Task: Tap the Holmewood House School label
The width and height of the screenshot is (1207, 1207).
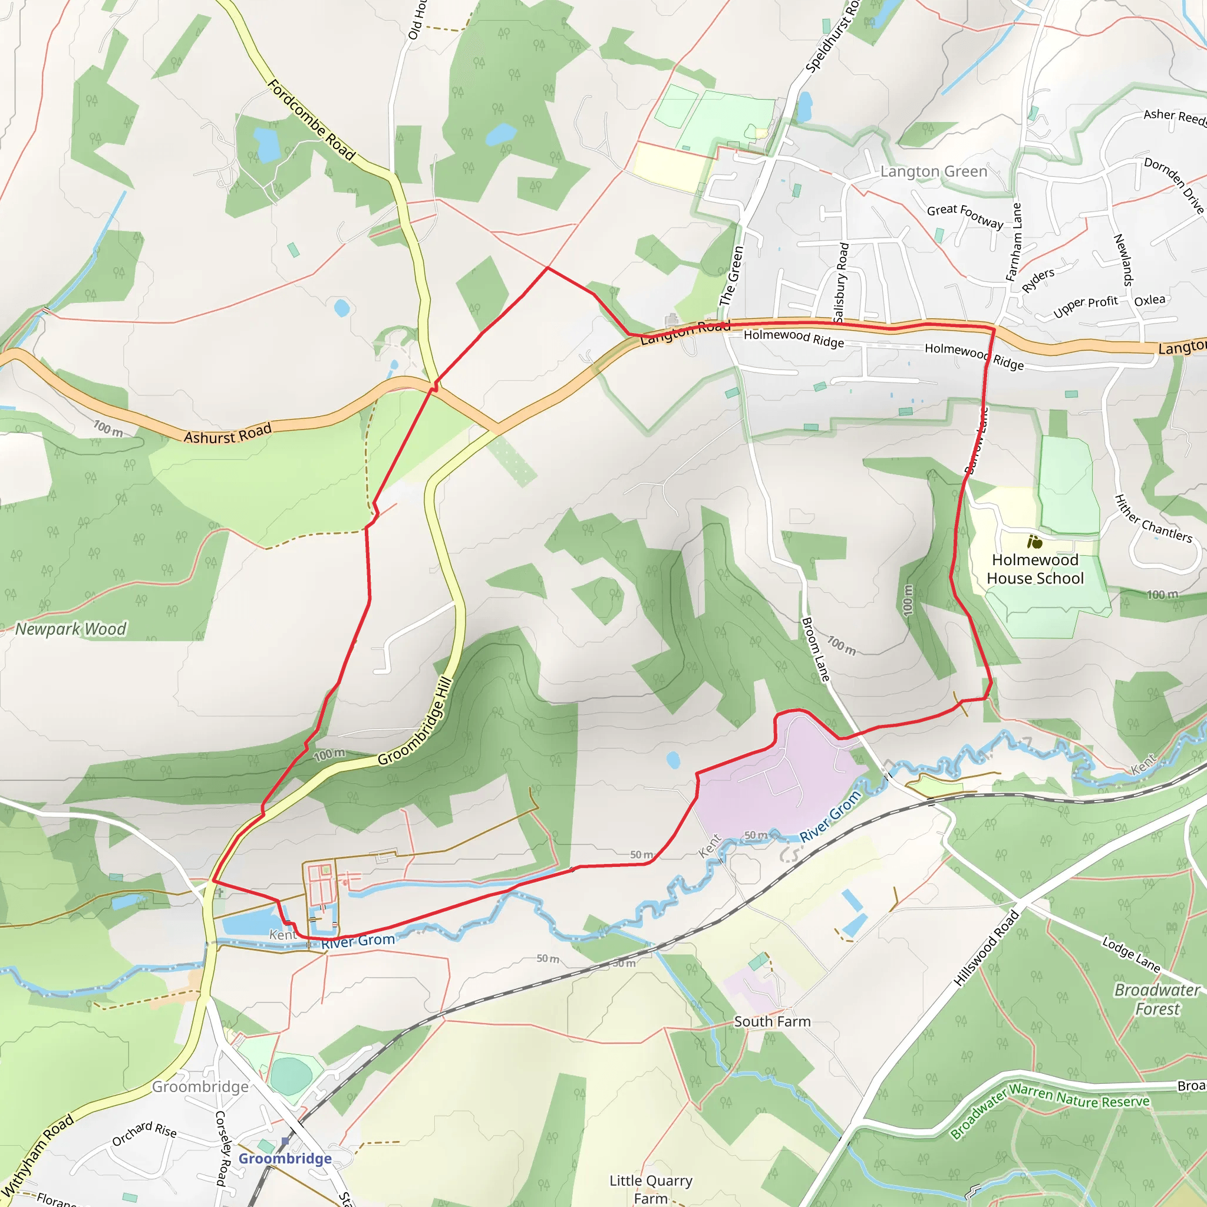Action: coord(1035,569)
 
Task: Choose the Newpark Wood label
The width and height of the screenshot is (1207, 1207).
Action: coord(71,629)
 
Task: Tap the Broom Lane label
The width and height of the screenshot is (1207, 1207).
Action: coord(815,649)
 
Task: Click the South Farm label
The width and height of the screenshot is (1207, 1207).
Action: coord(772,1021)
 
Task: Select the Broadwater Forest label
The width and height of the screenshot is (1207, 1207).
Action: coord(1157,1000)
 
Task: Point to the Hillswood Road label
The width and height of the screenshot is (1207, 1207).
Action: coord(987,948)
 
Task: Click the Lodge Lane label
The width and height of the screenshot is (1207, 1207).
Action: coord(1132,955)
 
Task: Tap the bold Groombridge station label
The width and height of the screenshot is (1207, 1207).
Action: coord(285,1159)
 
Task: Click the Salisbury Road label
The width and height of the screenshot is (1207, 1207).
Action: coord(841,282)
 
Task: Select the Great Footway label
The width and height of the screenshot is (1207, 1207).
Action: coord(965,216)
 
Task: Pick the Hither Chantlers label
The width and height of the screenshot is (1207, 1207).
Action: coord(1153,519)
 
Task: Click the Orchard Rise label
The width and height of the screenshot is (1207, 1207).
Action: coord(144,1134)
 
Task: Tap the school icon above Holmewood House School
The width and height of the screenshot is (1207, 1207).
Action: coord(1034,542)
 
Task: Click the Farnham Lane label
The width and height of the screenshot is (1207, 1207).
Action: coord(1013,242)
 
